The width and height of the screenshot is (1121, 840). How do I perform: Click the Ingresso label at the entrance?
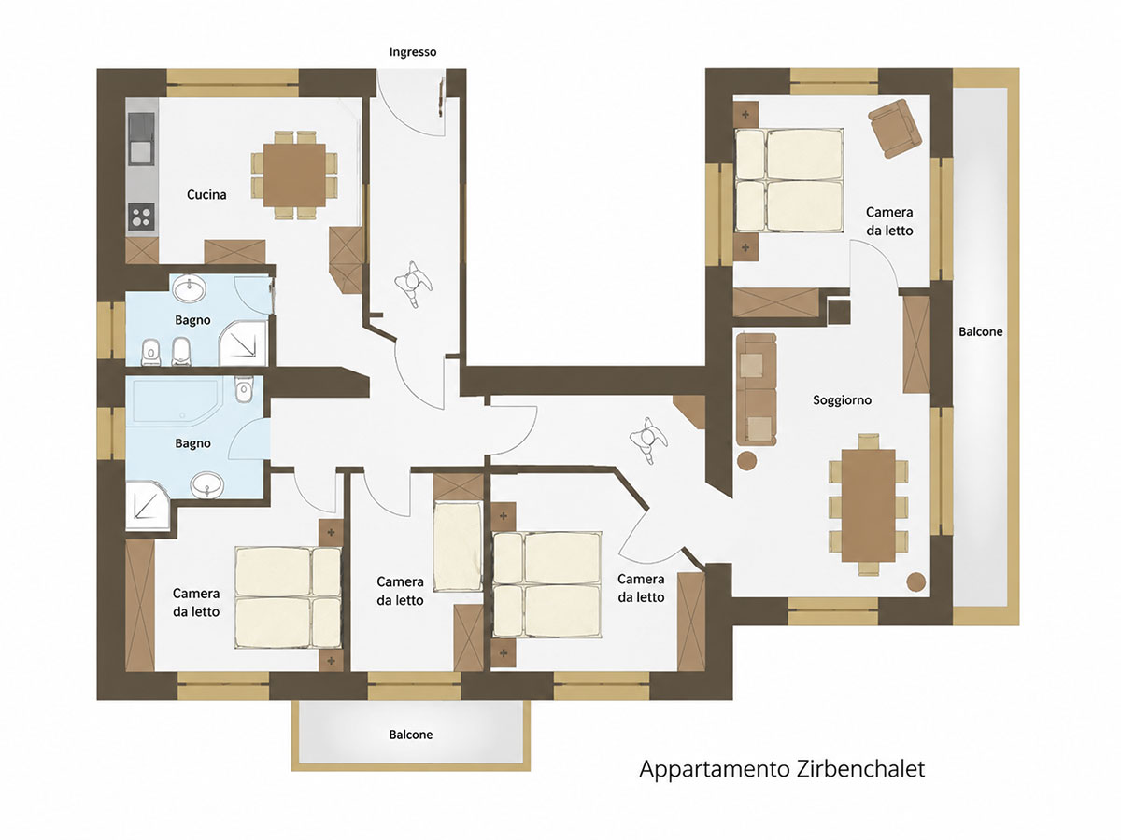tap(413, 52)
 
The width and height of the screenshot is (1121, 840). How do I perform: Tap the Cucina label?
tap(206, 194)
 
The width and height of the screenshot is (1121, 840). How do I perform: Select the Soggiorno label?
tap(843, 400)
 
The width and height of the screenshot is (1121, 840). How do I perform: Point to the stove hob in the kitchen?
tap(141, 217)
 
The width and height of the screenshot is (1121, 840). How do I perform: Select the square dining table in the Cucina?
tap(294, 175)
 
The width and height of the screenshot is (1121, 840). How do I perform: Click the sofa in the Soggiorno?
tap(757, 389)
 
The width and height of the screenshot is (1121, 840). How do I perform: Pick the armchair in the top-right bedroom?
tap(895, 128)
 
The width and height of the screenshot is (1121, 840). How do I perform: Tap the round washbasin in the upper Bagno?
tap(190, 289)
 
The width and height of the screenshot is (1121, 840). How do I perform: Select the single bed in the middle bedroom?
tap(458, 546)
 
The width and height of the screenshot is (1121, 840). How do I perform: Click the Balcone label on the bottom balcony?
tap(411, 735)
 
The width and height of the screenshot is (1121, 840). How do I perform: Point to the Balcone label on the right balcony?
tap(981, 332)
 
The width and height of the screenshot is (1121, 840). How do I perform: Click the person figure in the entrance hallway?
tap(414, 284)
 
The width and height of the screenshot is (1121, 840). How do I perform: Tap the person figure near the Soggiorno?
tap(648, 439)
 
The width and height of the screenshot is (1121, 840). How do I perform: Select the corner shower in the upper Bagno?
tap(244, 344)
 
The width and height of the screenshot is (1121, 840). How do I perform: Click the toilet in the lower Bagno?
tap(244, 389)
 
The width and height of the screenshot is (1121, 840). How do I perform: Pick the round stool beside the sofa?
tap(746, 460)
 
